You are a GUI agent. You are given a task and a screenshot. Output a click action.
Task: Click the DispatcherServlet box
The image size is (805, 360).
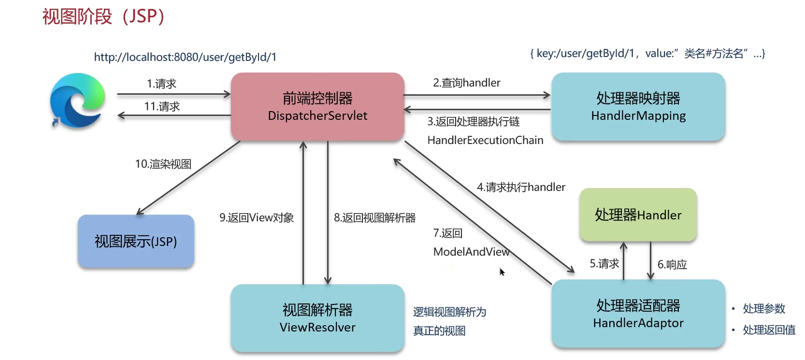pyautogui.click(x=317, y=107)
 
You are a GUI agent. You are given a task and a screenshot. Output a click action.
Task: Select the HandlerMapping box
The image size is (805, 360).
pyautogui.click(x=638, y=107)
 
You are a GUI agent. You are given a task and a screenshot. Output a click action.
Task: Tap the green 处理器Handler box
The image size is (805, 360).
pyautogui.click(x=638, y=215)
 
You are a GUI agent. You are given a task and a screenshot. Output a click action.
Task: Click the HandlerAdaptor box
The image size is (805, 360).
pyautogui.click(x=638, y=314)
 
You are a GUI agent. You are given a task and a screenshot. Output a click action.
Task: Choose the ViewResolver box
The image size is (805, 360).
pyautogui.click(x=317, y=318)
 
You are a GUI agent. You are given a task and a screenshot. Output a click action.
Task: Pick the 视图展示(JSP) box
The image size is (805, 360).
pyautogui.click(x=136, y=241)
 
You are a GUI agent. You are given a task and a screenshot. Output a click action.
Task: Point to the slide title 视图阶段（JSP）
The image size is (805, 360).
pyautogui.click(x=103, y=16)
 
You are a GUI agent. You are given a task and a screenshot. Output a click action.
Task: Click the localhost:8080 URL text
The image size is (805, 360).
pyautogui.click(x=185, y=57)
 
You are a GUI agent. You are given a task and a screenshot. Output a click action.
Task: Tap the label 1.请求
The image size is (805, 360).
pyautogui.click(x=161, y=84)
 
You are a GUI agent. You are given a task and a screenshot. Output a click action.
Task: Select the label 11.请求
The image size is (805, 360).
pyautogui.click(x=162, y=106)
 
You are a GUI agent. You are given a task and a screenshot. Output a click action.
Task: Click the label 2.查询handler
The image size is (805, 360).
pyautogui.click(x=466, y=83)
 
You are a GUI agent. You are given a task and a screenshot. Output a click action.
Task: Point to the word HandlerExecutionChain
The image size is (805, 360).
pyautogui.click(x=485, y=140)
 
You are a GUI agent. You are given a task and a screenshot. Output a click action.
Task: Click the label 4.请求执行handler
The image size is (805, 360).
pyautogui.click(x=521, y=187)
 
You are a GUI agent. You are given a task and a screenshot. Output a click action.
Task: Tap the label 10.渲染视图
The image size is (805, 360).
pyautogui.click(x=163, y=164)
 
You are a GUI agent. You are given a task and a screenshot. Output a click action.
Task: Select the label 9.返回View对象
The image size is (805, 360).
pyautogui.click(x=257, y=217)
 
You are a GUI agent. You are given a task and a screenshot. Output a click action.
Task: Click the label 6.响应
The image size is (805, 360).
pyautogui.click(x=672, y=264)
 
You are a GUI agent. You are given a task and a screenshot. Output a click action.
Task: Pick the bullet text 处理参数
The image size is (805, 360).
pyautogui.click(x=764, y=308)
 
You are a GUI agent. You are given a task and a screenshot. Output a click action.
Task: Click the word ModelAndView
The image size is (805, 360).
pyautogui.click(x=471, y=252)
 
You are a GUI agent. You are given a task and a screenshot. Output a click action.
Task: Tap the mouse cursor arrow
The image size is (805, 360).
pyautogui.click(x=502, y=272)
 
